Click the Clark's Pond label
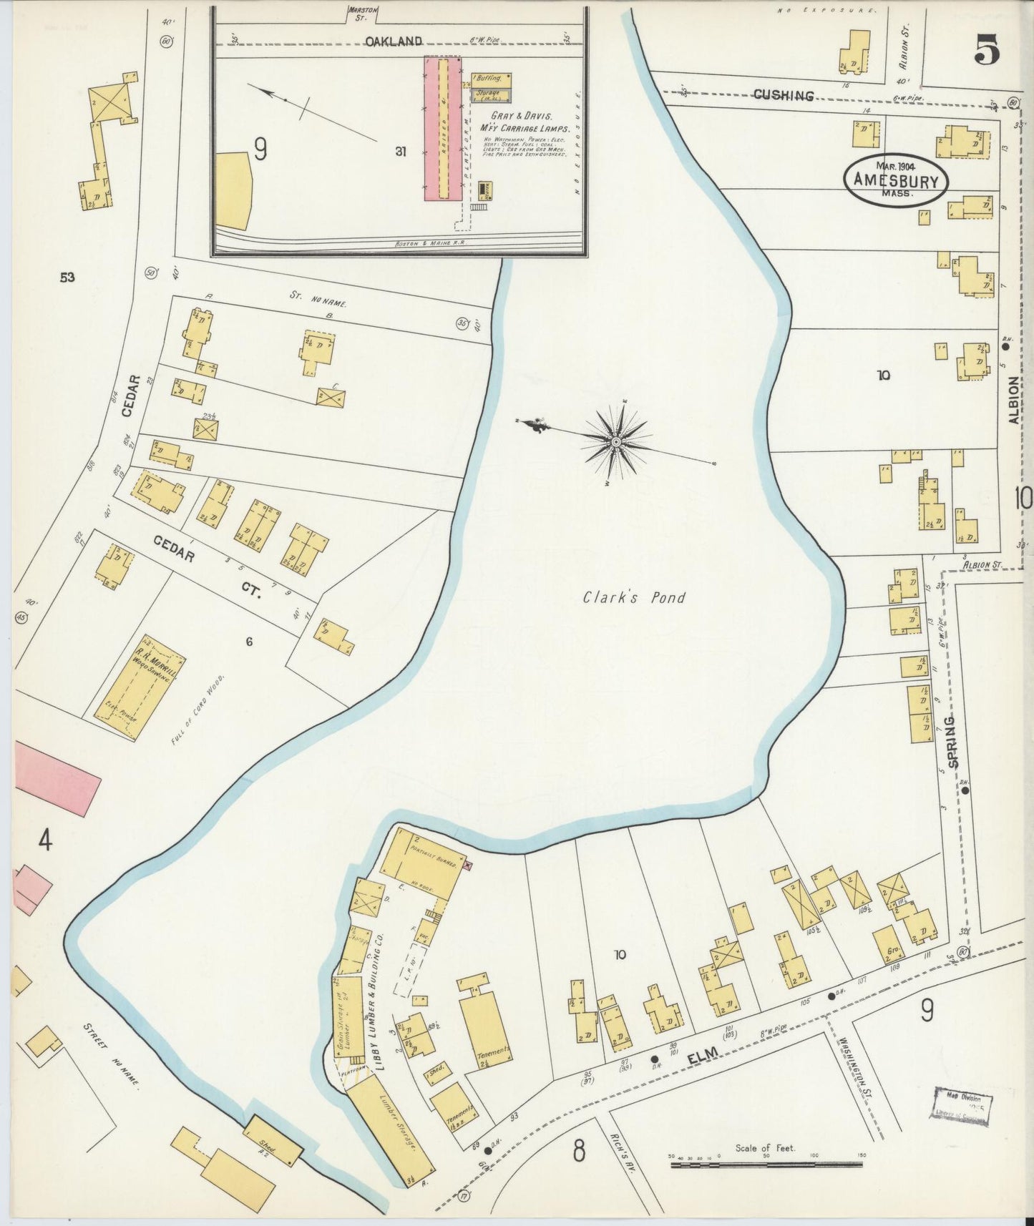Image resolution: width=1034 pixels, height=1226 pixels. pyautogui.click(x=633, y=597)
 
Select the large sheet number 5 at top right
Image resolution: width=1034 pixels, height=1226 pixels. pyautogui.click(x=987, y=51)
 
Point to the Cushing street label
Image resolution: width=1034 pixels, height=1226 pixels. pyautogui.click(x=784, y=95)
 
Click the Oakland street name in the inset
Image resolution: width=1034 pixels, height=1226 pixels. pyautogui.click(x=394, y=41)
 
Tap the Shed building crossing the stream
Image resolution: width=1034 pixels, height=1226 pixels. pyautogui.click(x=274, y=1147)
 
